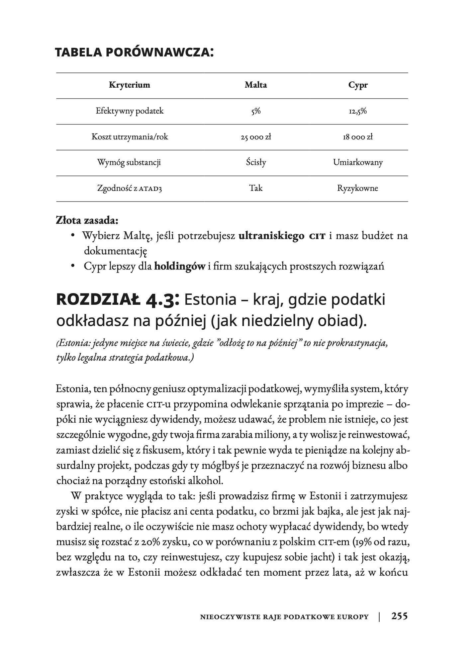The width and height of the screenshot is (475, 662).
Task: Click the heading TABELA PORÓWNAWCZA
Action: click(134, 52)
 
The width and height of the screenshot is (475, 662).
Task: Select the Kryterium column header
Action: click(129, 85)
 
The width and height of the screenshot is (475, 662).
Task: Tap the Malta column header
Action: click(255, 85)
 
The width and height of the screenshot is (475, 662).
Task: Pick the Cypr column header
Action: click(358, 85)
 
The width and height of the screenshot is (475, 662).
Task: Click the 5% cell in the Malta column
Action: click(255, 111)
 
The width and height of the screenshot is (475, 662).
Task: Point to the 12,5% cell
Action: click(358, 111)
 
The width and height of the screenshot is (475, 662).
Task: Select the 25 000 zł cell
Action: click(255, 137)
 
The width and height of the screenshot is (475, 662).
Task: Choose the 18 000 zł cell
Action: click(358, 137)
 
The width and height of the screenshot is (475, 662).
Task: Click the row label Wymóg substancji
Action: click(129, 163)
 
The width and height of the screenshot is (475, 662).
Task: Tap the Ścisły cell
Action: click(255, 163)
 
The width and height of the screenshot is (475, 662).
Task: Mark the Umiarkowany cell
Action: click(358, 163)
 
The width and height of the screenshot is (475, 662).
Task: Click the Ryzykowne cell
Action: click(358, 189)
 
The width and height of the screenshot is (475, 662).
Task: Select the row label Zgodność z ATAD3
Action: click(129, 189)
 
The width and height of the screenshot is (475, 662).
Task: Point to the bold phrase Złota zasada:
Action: click(87, 220)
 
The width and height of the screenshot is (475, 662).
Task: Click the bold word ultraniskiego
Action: click(271, 236)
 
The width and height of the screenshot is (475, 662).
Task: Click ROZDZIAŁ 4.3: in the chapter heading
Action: click(118, 300)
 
